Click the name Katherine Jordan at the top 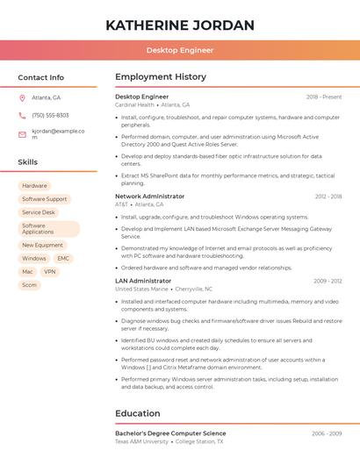(180, 25)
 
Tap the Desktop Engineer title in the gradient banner (180, 50)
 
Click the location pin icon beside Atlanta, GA (22, 97)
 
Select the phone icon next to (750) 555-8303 (22, 115)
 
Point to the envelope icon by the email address (22, 134)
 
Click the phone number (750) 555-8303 (50, 115)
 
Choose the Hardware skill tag (34, 186)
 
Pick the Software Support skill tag (45, 199)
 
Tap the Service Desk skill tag (39, 212)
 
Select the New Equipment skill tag (43, 246)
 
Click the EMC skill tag (63, 259)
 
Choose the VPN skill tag (50, 272)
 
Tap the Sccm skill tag (30, 285)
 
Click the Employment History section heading (161, 77)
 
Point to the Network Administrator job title (150, 197)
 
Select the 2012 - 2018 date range (328, 197)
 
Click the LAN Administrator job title (143, 281)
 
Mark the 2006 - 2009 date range (328, 433)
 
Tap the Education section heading (138, 413)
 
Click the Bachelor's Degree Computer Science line (170, 433)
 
